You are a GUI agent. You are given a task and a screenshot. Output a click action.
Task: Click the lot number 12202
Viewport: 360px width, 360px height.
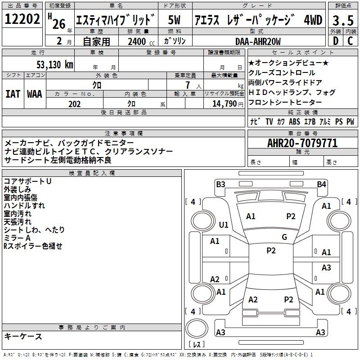(x=22, y=19)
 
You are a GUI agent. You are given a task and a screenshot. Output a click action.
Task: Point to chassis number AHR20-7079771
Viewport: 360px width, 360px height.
(x=302, y=143)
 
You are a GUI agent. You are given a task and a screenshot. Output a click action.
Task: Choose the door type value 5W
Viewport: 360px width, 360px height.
(x=175, y=20)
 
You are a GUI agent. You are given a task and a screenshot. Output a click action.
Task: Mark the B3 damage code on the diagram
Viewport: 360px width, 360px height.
(x=220, y=184)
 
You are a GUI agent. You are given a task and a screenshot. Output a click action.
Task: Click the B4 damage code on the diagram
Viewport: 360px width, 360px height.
(x=321, y=184)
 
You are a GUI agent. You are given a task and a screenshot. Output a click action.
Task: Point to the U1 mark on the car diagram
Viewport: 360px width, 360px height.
(x=224, y=225)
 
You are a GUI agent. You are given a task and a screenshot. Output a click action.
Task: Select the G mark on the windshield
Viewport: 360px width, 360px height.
(x=284, y=237)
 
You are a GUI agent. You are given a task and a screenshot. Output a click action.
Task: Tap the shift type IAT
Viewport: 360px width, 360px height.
(x=13, y=94)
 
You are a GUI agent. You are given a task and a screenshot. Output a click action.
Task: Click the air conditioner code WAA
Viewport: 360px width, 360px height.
(x=34, y=94)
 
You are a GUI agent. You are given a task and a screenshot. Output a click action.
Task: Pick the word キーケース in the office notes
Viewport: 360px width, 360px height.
(x=23, y=336)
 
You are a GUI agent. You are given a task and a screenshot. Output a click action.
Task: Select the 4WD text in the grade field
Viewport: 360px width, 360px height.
(x=313, y=20)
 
